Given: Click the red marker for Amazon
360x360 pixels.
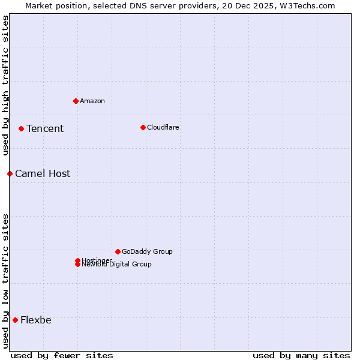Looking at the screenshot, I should point(76,101).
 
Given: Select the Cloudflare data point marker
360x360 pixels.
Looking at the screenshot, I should point(143,127).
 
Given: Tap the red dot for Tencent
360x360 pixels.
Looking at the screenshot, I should point(21,128).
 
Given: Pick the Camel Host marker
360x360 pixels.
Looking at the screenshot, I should point(10,173).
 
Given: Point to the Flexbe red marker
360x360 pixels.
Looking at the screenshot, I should point(15,320).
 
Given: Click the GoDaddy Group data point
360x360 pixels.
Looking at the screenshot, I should point(118,251).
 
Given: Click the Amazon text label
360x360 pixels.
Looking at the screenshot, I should point(92,101).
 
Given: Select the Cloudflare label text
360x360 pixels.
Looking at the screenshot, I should point(163,127).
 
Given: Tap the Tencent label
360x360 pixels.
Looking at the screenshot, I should point(45,128).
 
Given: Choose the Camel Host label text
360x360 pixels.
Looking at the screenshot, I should point(43,173).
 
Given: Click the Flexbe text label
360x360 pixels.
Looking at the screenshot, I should point(36,320).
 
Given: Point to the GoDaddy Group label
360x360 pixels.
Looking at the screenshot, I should point(147,251).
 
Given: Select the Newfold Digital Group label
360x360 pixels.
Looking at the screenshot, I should point(117,265).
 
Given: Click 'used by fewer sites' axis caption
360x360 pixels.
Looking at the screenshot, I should point(62,355).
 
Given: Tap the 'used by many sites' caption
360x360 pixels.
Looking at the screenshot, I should point(301,355).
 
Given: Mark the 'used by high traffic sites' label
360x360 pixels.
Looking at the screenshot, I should point(5,85).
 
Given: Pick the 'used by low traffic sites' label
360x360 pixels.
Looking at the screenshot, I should point(5,281).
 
